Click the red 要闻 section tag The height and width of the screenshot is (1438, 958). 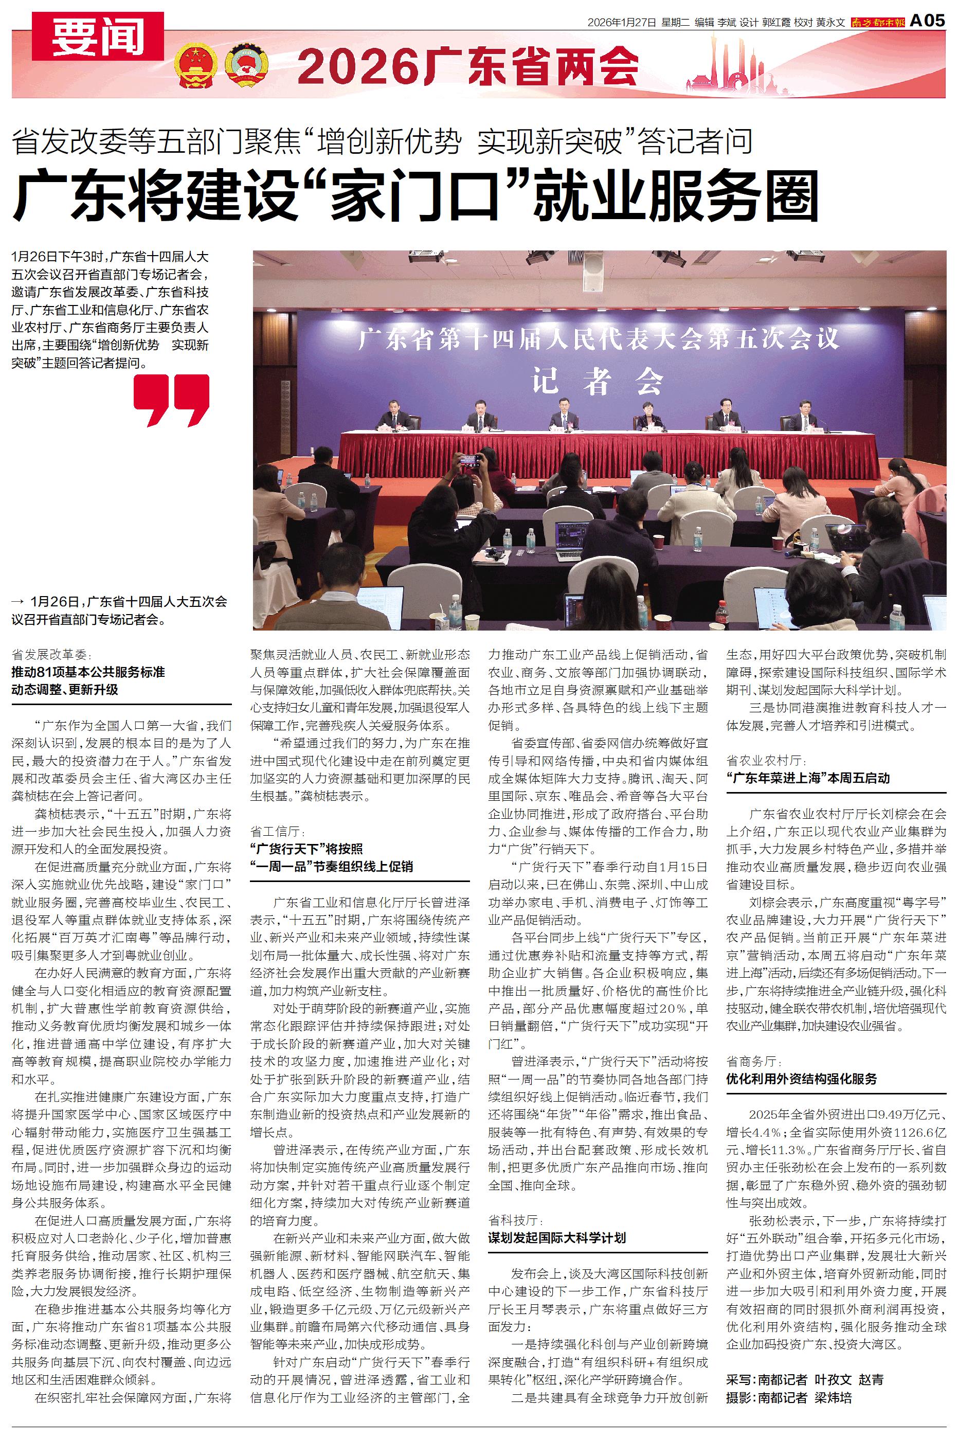click(98, 37)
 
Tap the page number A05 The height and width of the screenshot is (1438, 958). click(927, 21)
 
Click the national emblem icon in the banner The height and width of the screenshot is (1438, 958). click(194, 65)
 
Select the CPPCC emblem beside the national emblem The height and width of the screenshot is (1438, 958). click(247, 65)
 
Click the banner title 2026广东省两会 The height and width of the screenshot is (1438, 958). click(468, 66)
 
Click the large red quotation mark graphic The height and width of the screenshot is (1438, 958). click(172, 400)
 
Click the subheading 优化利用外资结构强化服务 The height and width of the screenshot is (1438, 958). click(801, 1078)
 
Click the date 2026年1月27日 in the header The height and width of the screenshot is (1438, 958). click(621, 22)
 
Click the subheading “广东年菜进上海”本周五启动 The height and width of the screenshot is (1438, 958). click(808, 778)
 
